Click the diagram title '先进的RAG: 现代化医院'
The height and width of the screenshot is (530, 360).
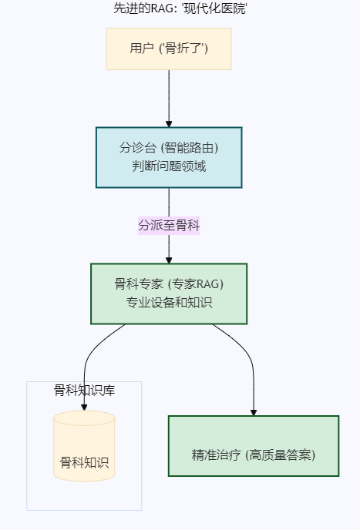180,8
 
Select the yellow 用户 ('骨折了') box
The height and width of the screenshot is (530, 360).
169,49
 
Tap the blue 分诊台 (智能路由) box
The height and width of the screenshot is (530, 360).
169,157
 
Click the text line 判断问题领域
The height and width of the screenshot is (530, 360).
169,166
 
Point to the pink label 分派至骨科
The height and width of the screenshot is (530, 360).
169,226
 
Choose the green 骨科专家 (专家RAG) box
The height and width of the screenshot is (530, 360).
169,294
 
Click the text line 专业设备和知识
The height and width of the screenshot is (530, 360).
169,302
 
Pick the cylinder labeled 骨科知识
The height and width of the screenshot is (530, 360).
84,446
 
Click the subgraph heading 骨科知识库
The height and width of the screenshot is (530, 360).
84,390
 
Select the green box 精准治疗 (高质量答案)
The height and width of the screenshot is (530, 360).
254,446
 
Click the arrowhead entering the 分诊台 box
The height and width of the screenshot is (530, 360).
169,124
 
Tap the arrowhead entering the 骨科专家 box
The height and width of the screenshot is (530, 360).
169,260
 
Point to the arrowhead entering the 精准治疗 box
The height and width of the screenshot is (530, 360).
254,412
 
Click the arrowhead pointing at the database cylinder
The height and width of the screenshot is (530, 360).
84,407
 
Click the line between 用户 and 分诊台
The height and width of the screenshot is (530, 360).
169,96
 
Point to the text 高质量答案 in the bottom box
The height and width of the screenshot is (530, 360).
280,455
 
